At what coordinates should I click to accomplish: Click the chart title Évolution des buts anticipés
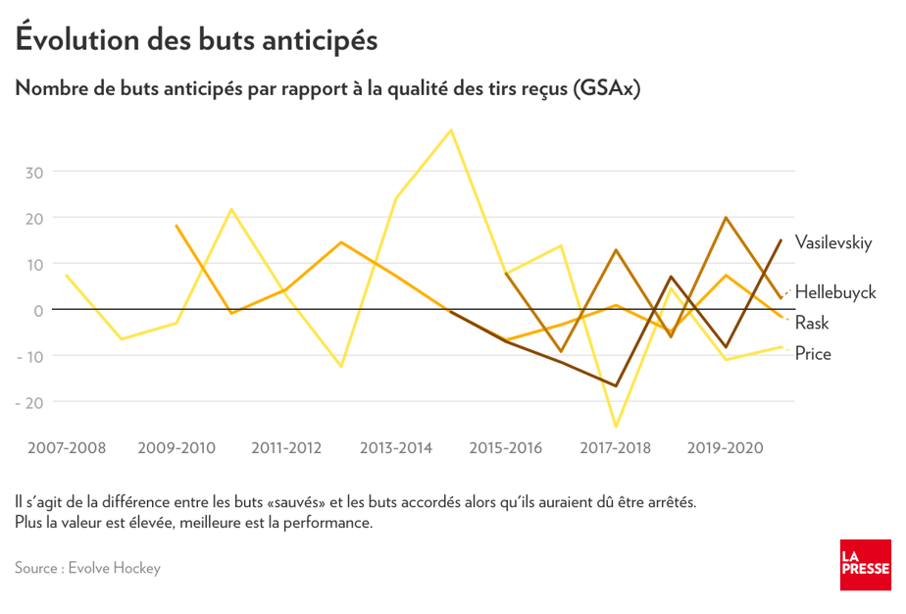(196, 40)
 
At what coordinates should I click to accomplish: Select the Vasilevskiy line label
(833, 242)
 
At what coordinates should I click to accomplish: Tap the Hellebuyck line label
(835, 292)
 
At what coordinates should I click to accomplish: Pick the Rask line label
(812, 323)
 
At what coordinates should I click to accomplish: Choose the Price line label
(813, 354)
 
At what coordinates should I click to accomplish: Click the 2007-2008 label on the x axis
(67, 448)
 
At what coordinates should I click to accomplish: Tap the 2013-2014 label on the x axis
(396, 448)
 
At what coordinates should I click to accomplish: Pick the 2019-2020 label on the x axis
(726, 448)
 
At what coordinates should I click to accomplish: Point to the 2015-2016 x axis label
(506, 448)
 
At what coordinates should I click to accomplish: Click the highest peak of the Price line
(451, 129)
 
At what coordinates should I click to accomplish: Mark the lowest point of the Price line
(616, 427)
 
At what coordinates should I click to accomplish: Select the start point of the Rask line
(176, 226)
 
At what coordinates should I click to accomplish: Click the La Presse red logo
(865, 565)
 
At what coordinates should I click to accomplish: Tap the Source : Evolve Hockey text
(87, 568)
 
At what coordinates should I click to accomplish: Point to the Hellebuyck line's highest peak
(726, 218)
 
